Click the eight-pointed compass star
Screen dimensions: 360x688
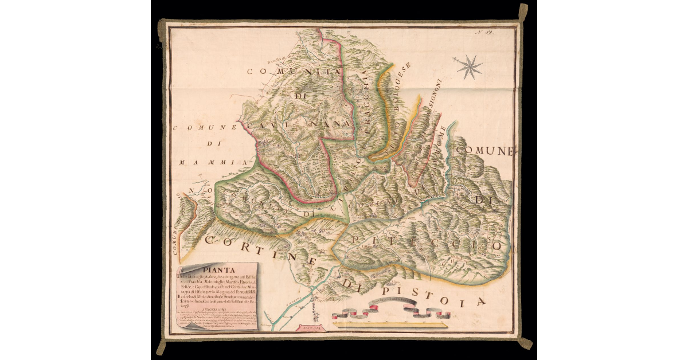pyautogui.click(x=470, y=66)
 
